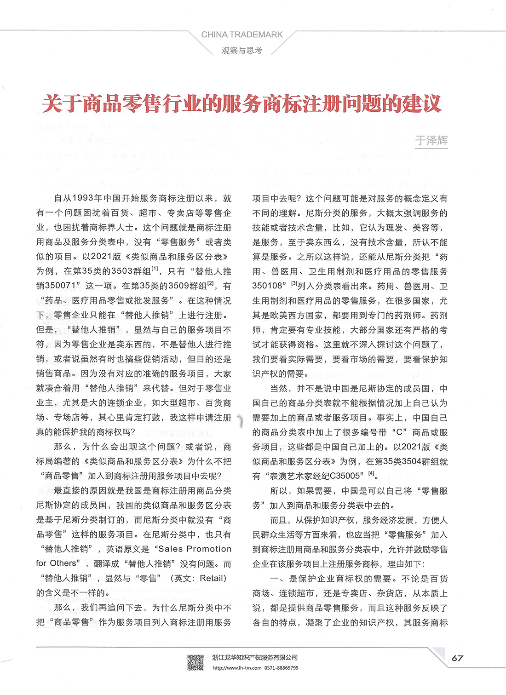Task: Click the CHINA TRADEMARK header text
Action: (242, 34)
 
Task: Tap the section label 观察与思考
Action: (241, 51)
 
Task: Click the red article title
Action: (242, 103)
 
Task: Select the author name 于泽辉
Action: (431, 140)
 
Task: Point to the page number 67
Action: (457, 658)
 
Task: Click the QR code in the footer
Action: (195, 662)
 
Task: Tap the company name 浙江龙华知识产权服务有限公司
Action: (255, 658)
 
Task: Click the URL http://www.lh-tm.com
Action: (237, 668)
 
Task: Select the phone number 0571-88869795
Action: (281, 668)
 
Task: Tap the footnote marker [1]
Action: (155, 269)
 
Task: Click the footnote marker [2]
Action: (211, 283)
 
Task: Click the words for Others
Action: (56, 563)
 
